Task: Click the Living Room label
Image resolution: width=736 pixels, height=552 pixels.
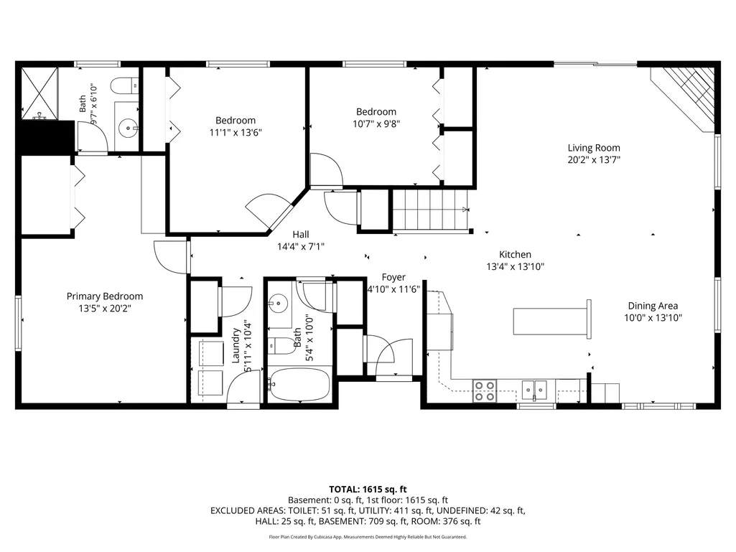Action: click(x=594, y=148)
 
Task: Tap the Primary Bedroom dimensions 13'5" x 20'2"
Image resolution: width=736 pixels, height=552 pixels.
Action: click(x=105, y=309)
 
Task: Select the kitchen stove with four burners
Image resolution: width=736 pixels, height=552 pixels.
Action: click(x=485, y=391)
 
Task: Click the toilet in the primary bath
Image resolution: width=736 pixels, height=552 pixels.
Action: click(x=124, y=86)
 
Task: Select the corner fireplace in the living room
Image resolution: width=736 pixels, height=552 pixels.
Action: click(x=683, y=98)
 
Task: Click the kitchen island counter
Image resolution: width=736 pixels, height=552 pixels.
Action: click(x=552, y=321)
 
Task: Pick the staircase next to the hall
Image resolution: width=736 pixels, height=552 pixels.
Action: click(x=431, y=210)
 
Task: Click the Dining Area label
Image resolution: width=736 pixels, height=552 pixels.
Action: click(x=653, y=306)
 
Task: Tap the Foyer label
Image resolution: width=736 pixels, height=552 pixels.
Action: click(x=393, y=277)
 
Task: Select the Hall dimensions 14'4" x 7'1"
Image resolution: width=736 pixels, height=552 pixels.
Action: click(x=301, y=246)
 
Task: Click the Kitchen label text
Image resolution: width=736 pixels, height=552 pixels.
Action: click(x=515, y=254)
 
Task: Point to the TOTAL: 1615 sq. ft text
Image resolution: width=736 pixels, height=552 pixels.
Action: click(x=368, y=490)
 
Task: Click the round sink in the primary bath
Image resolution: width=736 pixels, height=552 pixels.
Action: click(x=127, y=128)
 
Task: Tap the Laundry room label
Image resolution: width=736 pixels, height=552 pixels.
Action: click(x=236, y=345)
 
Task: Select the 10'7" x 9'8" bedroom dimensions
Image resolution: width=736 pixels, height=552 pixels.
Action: click(x=376, y=124)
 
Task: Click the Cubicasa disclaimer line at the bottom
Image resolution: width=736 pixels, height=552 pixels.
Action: click(x=368, y=536)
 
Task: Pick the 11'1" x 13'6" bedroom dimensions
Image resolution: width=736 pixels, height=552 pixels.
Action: click(x=236, y=132)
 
